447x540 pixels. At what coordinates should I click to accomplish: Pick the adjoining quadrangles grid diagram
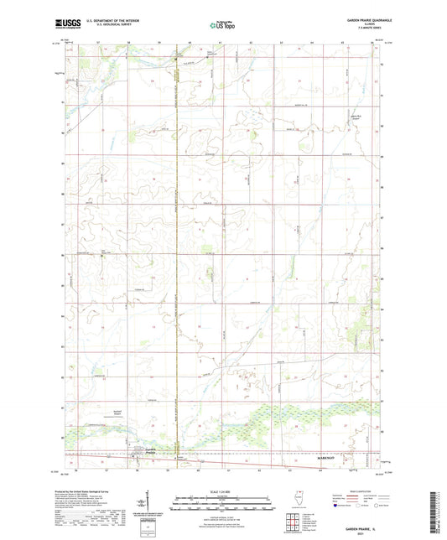293,521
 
